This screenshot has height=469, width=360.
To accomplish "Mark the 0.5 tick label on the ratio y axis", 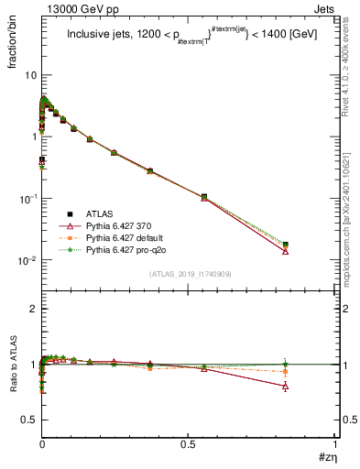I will click(x=27, y=420).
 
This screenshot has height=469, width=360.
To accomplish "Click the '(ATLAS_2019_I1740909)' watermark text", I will click(x=189, y=274).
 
